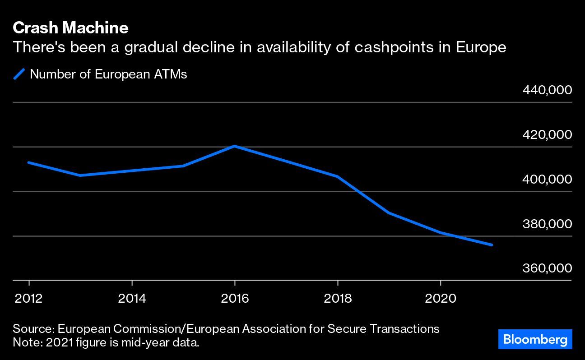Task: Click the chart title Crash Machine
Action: pos(70,28)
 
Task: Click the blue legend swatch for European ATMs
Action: pos(19,74)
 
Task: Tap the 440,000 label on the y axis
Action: pos(547,90)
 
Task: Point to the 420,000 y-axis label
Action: pos(547,134)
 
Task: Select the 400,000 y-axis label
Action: pos(547,179)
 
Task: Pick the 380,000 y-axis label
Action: pos(547,224)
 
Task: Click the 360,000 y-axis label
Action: pos(547,268)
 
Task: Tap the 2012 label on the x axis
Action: pos(29,299)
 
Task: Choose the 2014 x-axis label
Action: pos(132,299)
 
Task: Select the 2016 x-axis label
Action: pos(235,299)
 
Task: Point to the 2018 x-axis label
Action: pos(338,299)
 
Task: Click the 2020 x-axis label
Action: pos(441,299)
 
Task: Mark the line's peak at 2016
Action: pos(235,146)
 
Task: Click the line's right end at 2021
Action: pos(492,245)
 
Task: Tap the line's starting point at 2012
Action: pos(29,162)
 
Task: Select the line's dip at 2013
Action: pos(80,175)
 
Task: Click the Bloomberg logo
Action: pos(535,339)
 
